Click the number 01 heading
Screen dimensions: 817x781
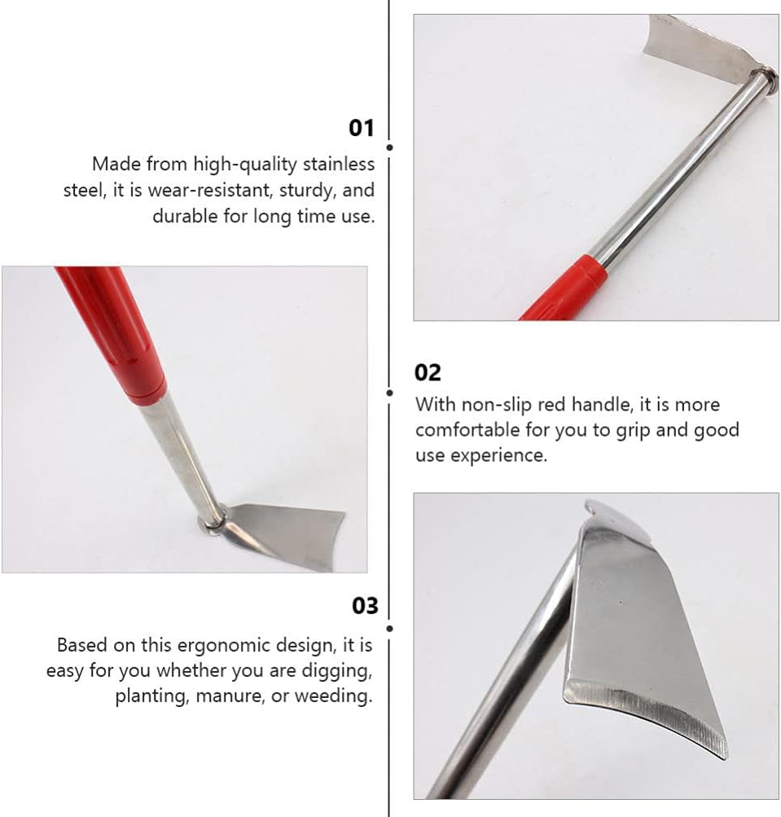tap(361, 128)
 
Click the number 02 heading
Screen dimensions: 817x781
tap(428, 372)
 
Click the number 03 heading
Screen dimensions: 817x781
tap(365, 606)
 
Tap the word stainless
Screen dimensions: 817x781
tap(339, 164)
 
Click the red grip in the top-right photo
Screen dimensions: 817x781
tap(567, 289)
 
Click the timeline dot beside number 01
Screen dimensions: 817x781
tap(389, 147)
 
